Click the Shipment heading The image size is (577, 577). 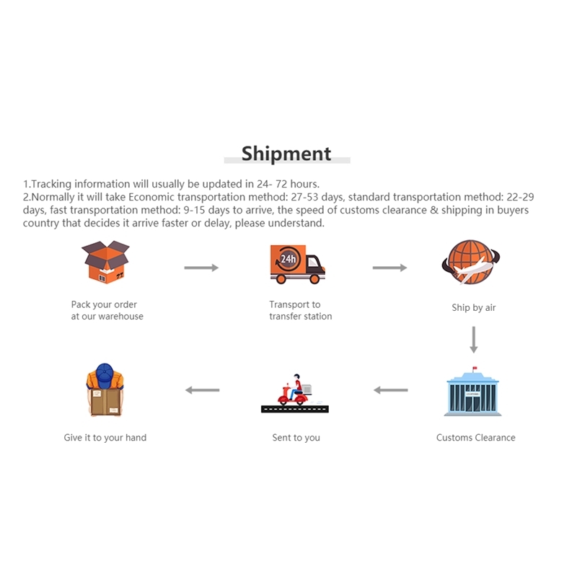coord(286,154)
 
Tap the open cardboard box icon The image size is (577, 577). coord(105,262)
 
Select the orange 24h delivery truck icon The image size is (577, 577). coord(297,264)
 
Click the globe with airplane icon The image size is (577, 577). coord(471,262)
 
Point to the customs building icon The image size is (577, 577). coord(473,392)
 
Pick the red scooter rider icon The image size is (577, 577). coord(295,393)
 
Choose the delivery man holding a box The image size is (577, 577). coord(105,389)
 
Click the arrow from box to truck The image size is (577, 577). coord(201,268)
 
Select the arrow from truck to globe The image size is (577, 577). coord(389,268)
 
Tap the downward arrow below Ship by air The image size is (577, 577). coord(474,340)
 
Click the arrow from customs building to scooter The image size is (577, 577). coord(391,390)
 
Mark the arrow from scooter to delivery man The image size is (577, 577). coord(203,390)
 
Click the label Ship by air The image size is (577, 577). coord(474,308)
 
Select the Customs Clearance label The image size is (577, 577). coord(476,438)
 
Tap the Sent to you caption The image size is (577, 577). coord(296,438)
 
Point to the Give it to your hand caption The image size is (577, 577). coord(105,438)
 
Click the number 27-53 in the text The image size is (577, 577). coord(304,197)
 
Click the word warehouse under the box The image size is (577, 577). coord(120,317)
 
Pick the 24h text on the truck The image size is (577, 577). coord(288,259)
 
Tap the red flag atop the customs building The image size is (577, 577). coord(475,368)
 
